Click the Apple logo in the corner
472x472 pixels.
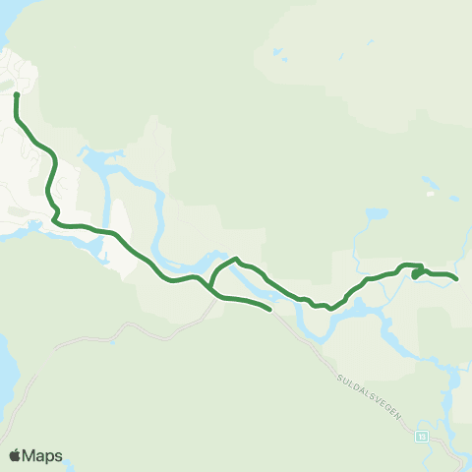click(x=15, y=455)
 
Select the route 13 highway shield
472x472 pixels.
click(x=422, y=436)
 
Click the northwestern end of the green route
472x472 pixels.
click(x=17, y=94)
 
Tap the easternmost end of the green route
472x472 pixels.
click(x=457, y=279)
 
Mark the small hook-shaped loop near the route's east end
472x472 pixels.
click(x=417, y=272)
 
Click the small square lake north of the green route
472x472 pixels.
click(x=377, y=213)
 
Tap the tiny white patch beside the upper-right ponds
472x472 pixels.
click(x=430, y=194)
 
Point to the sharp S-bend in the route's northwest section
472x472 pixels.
click(x=55, y=210)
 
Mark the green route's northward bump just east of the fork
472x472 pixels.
click(x=236, y=260)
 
